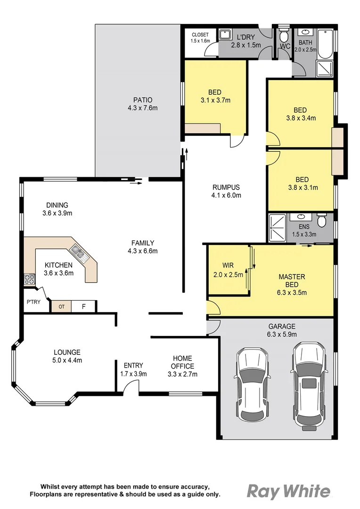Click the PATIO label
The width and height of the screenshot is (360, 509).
(142, 100)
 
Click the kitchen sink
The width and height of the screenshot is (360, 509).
(78, 254)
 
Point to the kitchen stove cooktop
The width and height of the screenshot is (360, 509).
(30, 279)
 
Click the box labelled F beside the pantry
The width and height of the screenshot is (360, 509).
(84, 306)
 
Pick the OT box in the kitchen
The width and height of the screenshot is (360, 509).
(61, 307)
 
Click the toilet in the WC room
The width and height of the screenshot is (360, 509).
(284, 35)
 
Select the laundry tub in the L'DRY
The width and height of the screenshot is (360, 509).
(224, 34)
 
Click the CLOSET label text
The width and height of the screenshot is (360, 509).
(200, 35)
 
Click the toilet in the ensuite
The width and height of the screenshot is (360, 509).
(322, 221)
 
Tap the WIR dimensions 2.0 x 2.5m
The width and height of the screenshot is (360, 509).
(229, 274)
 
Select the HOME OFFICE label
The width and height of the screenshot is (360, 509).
(182, 362)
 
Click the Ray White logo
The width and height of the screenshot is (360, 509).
(288, 492)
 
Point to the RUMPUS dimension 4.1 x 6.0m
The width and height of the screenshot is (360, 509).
(226, 195)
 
